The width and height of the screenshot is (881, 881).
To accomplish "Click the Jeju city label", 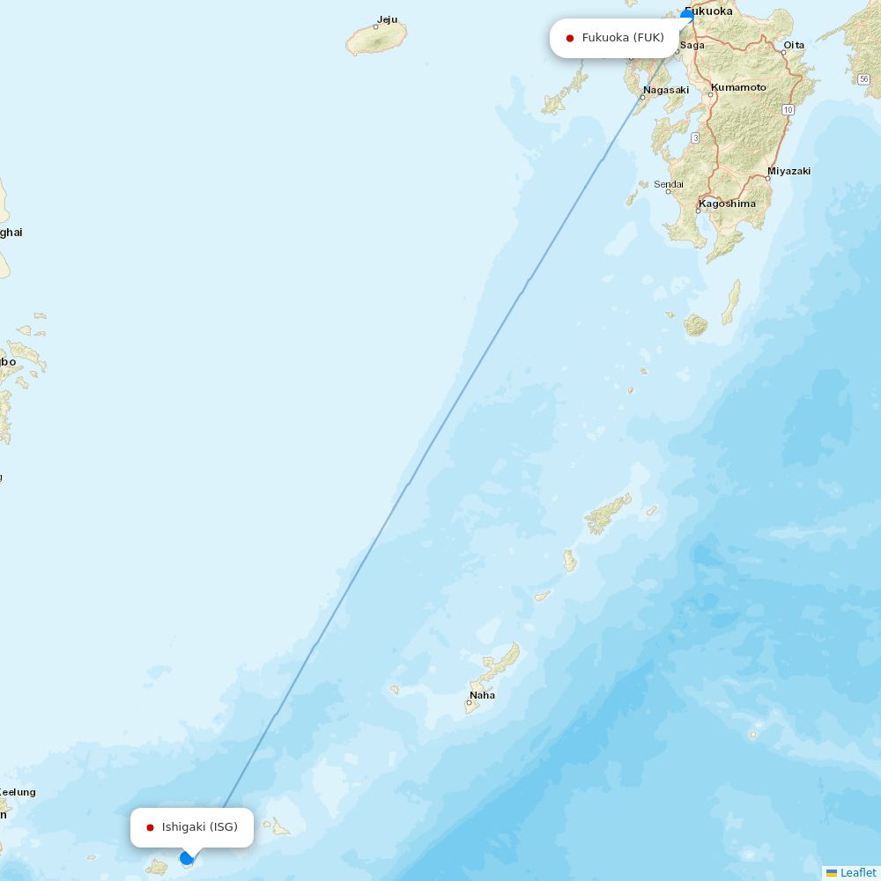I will coord(387,19).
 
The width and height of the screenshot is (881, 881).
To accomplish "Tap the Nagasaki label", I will coord(665,90).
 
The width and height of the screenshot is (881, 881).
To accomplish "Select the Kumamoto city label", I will coord(738,87).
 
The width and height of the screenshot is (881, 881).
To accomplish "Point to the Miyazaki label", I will coord(788,171).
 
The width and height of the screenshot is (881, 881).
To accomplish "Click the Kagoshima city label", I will coord(727,204).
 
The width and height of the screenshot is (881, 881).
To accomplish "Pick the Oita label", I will coord(794,45).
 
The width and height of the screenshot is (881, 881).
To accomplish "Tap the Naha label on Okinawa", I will coord(482,695).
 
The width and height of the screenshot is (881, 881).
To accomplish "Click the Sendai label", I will coord(669,184).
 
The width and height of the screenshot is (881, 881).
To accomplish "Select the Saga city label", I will coord(692,45).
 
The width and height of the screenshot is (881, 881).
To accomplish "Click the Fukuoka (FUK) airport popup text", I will coord(623,38).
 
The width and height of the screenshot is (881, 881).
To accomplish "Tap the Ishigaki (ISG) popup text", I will coord(199,827).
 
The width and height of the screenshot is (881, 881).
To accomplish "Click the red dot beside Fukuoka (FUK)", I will coord(570,38).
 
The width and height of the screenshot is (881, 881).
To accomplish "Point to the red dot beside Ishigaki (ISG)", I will coord(150,827).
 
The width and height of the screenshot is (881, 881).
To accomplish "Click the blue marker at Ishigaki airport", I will coord(187,858).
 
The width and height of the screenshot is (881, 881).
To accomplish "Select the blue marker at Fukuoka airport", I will coord(687,16).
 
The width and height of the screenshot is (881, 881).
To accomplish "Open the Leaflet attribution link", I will coord(857,872).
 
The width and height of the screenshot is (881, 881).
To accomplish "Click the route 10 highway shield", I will coord(787,109).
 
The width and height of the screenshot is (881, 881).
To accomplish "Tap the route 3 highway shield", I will coord(695,137).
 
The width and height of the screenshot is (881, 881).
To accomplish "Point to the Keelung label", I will coord(18,792).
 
